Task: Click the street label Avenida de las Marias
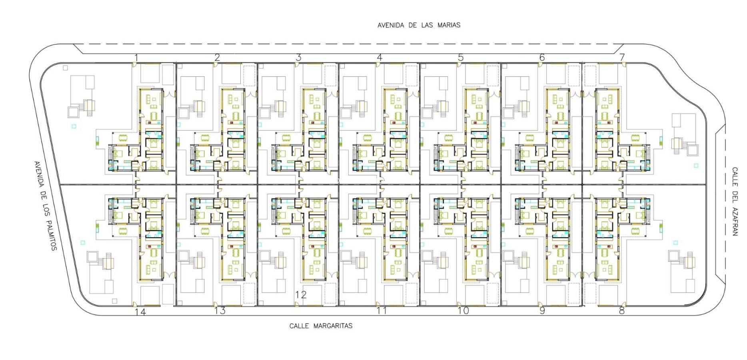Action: [x=419, y=25]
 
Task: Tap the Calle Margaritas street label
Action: [x=321, y=326]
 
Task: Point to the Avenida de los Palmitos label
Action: [x=46, y=206]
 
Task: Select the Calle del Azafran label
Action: [x=735, y=202]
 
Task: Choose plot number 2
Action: [x=217, y=58]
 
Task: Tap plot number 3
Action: [x=298, y=58]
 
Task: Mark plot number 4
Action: [x=379, y=58]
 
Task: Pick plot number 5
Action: [x=461, y=58]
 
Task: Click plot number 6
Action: [x=542, y=58]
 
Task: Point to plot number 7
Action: [x=622, y=58]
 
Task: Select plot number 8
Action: [x=621, y=311]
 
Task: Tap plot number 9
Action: [x=542, y=311]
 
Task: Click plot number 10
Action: [x=463, y=311]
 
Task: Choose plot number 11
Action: [x=382, y=311]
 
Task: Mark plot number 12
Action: [x=301, y=295]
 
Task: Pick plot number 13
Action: [x=220, y=311]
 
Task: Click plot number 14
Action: [x=140, y=312]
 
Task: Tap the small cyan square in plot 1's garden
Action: [x=74, y=126]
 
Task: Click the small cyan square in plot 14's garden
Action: [x=83, y=242]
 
